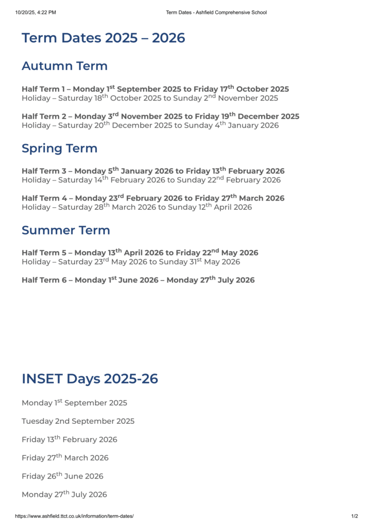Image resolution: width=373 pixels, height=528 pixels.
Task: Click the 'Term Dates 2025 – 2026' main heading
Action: [103, 38]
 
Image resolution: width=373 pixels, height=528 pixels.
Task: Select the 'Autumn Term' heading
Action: [64, 66]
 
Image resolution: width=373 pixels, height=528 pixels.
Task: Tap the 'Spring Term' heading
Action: [59, 148]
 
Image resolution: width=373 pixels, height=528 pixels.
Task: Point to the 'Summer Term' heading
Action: [65, 230]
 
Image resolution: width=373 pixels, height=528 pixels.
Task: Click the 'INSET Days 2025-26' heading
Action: [90, 379]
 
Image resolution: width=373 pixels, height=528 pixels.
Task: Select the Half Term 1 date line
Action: [155, 89]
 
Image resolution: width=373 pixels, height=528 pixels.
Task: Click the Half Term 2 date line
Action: [160, 117]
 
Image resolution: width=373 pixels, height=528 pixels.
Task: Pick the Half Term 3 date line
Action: [153, 171]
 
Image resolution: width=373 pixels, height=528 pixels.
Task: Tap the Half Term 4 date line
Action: [153, 198]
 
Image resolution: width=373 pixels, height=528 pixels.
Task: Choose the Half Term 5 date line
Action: [140, 253]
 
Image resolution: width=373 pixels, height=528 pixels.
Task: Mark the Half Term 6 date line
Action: [138, 280]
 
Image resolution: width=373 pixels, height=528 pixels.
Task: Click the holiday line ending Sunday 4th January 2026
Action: [150, 125]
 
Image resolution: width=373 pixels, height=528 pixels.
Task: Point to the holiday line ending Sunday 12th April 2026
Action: [137, 207]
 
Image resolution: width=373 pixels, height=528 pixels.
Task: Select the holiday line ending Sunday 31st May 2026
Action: [131, 262]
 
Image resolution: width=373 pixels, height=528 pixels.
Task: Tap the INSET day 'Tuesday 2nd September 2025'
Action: [78, 421]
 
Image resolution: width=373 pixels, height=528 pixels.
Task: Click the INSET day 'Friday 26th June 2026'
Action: [62, 476]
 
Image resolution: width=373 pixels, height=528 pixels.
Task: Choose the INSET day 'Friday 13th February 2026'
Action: [70, 440]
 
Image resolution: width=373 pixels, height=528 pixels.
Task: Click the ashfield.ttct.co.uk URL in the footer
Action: [74, 516]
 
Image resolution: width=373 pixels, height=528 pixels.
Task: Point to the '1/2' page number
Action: [354, 516]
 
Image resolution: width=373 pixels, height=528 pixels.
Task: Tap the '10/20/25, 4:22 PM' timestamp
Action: [36, 12]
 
